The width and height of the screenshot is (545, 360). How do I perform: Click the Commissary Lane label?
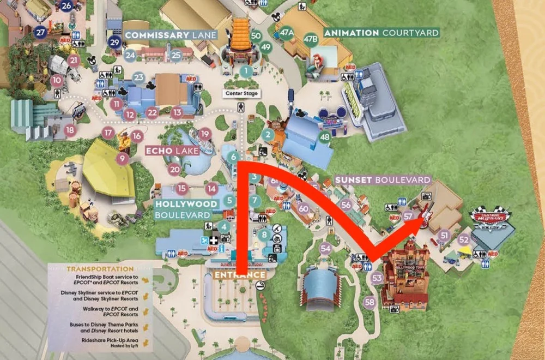(x=171, y=35)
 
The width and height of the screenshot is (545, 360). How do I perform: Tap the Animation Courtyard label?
(x=381, y=33)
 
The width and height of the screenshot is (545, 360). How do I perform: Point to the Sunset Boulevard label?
(x=383, y=179)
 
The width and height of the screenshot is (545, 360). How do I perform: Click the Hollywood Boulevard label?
(x=186, y=209)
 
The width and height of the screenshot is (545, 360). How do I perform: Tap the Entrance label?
(x=240, y=275)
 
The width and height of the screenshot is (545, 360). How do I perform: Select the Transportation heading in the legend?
(x=100, y=269)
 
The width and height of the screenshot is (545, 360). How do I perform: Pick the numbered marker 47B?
(x=311, y=39)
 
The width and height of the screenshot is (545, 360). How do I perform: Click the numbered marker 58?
(x=370, y=302)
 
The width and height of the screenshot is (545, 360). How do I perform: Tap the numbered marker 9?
(x=123, y=158)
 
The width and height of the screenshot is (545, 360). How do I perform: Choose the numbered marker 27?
(x=40, y=32)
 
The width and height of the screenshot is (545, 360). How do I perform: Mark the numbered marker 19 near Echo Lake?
(x=204, y=133)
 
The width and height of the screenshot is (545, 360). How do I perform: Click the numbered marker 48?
(x=325, y=137)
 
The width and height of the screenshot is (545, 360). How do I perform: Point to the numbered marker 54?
(x=325, y=249)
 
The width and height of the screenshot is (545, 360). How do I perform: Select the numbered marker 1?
(x=246, y=70)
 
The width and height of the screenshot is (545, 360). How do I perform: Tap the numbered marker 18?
(x=69, y=130)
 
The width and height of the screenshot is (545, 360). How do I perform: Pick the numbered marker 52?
(x=463, y=239)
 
